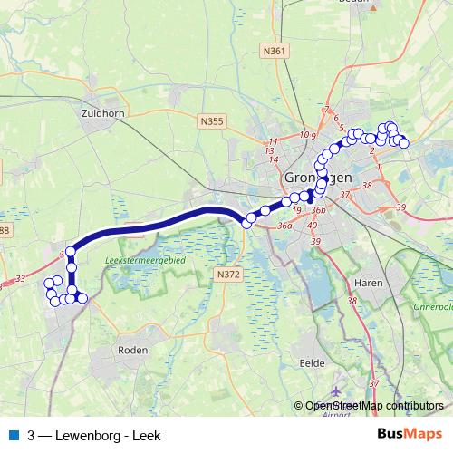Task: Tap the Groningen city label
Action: (x=317, y=178)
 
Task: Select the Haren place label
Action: (x=369, y=283)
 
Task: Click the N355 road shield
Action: (x=212, y=120)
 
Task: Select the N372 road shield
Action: (x=229, y=272)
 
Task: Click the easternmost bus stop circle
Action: (x=404, y=143)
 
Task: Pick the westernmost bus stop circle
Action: (x=49, y=284)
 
